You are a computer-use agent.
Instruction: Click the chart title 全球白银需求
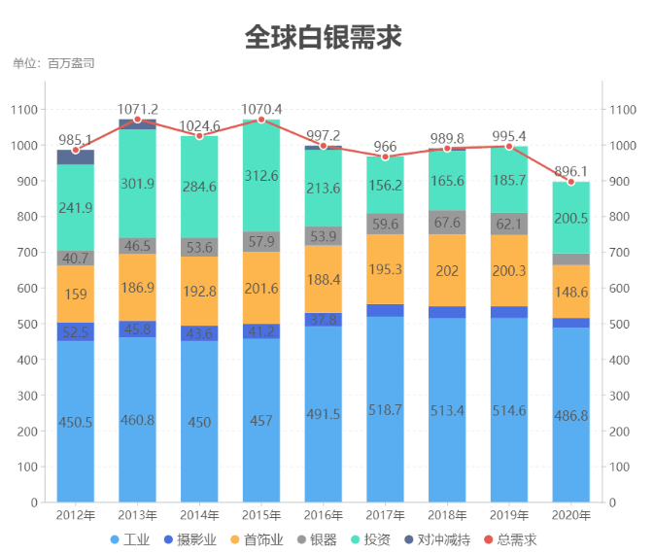click(x=323, y=37)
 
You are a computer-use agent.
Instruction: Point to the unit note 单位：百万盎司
click(x=53, y=63)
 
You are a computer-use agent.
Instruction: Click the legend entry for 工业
click(x=130, y=539)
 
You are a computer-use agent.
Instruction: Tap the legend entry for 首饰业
click(x=258, y=539)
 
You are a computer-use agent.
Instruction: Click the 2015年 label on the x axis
click(x=261, y=514)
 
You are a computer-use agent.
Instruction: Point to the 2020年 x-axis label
click(x=570, y=514)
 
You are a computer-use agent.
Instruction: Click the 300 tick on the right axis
click(x=620, y=396)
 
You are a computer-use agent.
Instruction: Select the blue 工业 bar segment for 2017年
click(x=385, y=409)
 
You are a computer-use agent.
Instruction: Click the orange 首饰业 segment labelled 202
click(x=447, y=271)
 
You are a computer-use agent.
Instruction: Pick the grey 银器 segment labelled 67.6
click(x=447, y=223)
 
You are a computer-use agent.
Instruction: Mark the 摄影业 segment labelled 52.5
click(x=76, y=331)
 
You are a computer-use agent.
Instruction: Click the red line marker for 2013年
click(x=138, y=120)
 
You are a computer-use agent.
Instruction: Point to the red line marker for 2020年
click(x=570, y=182)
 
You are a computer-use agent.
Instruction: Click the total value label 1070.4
click(x=261, y=108)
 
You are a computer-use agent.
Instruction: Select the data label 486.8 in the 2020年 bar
click(x=570, y=415)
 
